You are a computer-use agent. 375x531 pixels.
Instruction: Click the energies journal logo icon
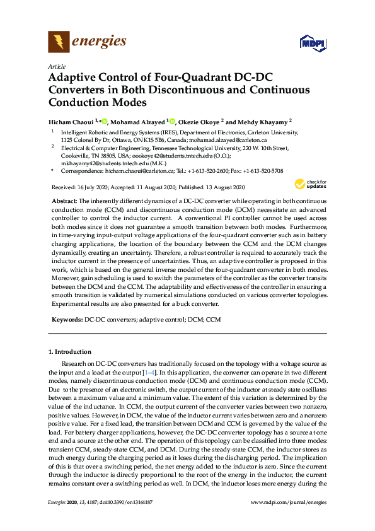tap(59, 43)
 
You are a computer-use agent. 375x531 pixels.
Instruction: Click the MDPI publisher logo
tap(313, 44)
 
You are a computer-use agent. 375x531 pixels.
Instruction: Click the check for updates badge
tap(311, 185)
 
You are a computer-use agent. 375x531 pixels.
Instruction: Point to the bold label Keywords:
tap(67, 320)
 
